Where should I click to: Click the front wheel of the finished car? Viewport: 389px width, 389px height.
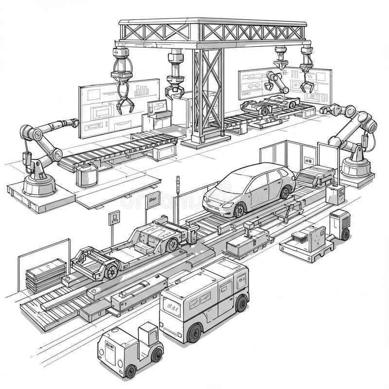239,210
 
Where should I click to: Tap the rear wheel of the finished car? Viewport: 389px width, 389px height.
285,193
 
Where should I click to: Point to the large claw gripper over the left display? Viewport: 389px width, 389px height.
124,100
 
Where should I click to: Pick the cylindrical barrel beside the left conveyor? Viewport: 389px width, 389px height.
86,175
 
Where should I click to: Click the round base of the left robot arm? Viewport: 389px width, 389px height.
39,185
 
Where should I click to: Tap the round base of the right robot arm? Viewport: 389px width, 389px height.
356,169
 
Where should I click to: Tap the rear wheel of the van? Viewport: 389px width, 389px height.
241,303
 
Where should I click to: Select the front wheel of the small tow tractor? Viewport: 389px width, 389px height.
130,371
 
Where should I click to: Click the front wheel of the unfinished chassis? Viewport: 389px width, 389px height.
111,270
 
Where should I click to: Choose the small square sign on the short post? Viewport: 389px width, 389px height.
114,217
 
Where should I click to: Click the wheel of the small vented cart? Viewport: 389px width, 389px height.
345,234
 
